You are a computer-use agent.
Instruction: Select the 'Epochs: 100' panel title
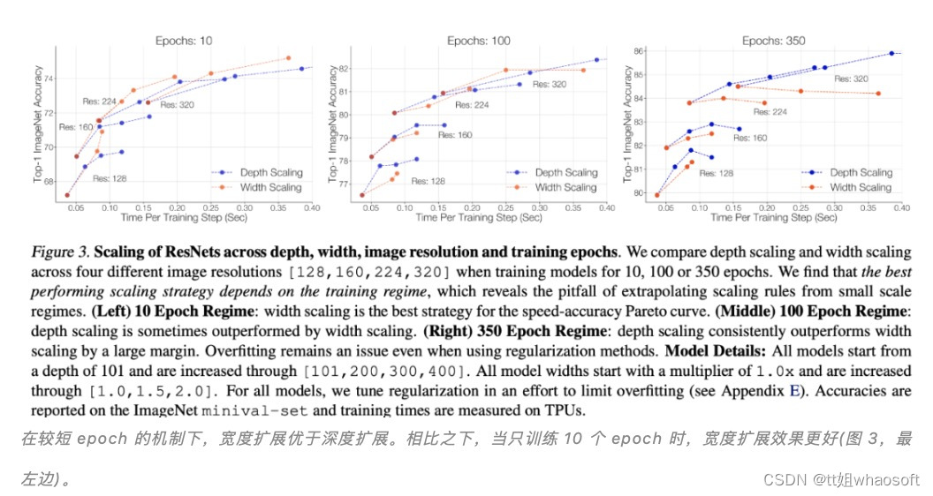pos(479,41)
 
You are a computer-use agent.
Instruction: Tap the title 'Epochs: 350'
pos(774,41)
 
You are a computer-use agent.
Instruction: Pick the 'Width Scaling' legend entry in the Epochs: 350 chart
pos(861,187)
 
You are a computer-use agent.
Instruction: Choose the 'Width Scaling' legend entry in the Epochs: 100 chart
pos(565,187)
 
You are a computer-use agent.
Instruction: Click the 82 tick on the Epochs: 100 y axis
pos(345,68)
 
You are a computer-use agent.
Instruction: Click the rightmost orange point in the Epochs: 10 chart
pos(288,58)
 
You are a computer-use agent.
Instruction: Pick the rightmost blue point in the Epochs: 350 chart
pos(891,54)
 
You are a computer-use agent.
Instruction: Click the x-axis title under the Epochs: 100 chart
pos(479,216)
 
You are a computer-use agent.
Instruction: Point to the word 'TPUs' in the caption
pos(563,410)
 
